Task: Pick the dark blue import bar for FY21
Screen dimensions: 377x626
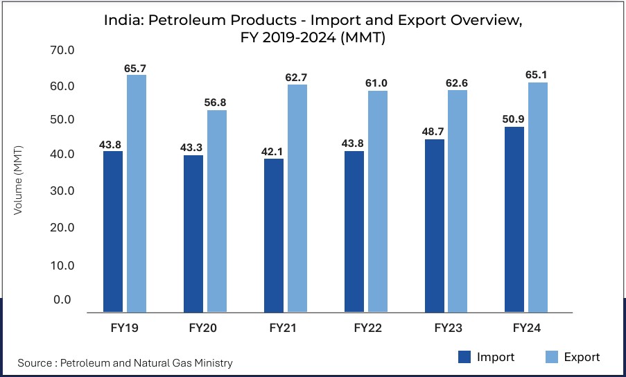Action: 273,235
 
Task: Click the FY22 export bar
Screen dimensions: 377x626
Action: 377,201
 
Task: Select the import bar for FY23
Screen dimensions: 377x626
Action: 434,225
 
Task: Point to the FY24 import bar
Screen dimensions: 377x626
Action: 514,219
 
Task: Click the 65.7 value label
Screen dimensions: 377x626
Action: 137,68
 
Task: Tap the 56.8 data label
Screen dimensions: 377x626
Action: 216,103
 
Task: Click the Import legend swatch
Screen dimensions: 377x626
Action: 464,357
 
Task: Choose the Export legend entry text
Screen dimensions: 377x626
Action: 582,357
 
